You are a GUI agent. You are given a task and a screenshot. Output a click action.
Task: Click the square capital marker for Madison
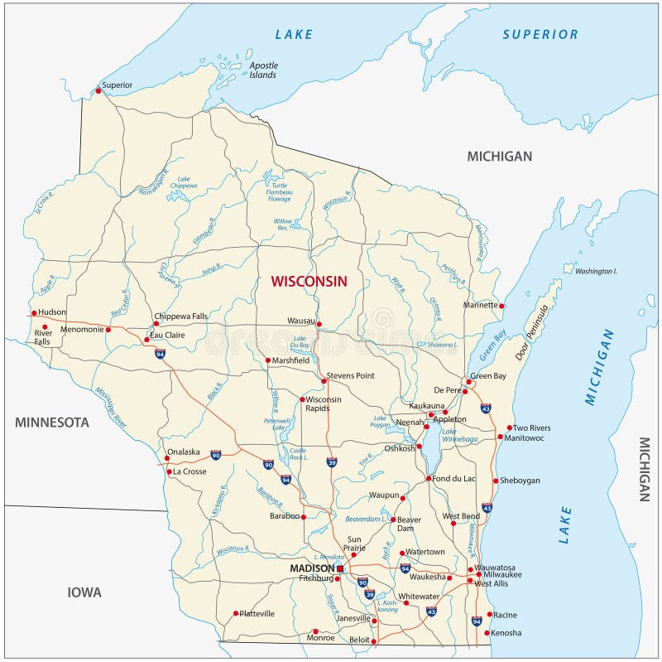339,569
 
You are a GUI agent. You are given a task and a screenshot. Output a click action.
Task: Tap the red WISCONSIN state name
309,282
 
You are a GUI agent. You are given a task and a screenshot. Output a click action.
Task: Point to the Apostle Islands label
264,70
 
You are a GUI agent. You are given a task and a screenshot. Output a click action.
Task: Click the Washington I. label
596,271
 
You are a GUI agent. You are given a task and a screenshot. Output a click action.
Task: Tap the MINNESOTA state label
51,423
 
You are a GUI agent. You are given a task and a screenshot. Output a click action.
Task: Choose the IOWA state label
84,592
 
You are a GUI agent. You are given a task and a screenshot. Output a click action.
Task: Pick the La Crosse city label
189,471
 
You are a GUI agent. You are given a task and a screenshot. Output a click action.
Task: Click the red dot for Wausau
319,324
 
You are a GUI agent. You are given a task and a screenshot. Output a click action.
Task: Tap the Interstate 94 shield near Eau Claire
160,354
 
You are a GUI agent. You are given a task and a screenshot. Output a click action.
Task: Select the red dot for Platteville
235,614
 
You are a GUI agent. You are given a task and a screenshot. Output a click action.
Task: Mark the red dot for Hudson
34,313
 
